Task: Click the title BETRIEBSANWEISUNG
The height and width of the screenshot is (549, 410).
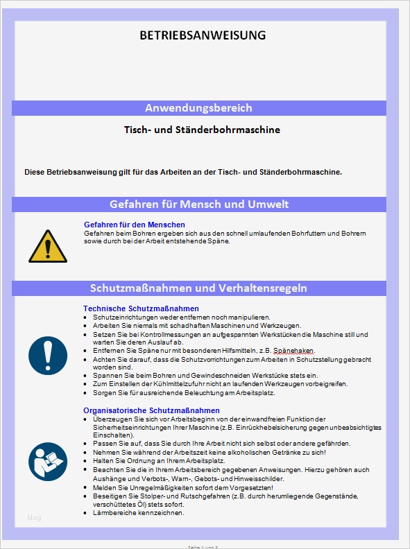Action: pyautogui.click(x=202, y=35)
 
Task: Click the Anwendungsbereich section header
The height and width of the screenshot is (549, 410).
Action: pyautogui.click(x=198, y=108)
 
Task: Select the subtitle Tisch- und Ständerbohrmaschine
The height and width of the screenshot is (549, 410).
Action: pyautogui.click(x=202, y=130)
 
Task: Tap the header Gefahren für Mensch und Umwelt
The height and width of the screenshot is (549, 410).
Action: pyautogui.click(x=199, y=204)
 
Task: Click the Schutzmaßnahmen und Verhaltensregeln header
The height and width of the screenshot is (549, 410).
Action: pyautogui.click(x=198, y=288)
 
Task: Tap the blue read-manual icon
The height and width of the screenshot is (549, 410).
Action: pyautogui.click(x=48, y=460)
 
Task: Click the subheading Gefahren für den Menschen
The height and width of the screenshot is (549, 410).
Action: pyautogui.click(x=134, y=225)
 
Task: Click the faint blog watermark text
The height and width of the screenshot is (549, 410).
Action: pyautogui.click(x=34, y=517)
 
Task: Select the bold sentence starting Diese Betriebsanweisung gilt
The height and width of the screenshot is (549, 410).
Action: pyautogui.click(x=183, y=171)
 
